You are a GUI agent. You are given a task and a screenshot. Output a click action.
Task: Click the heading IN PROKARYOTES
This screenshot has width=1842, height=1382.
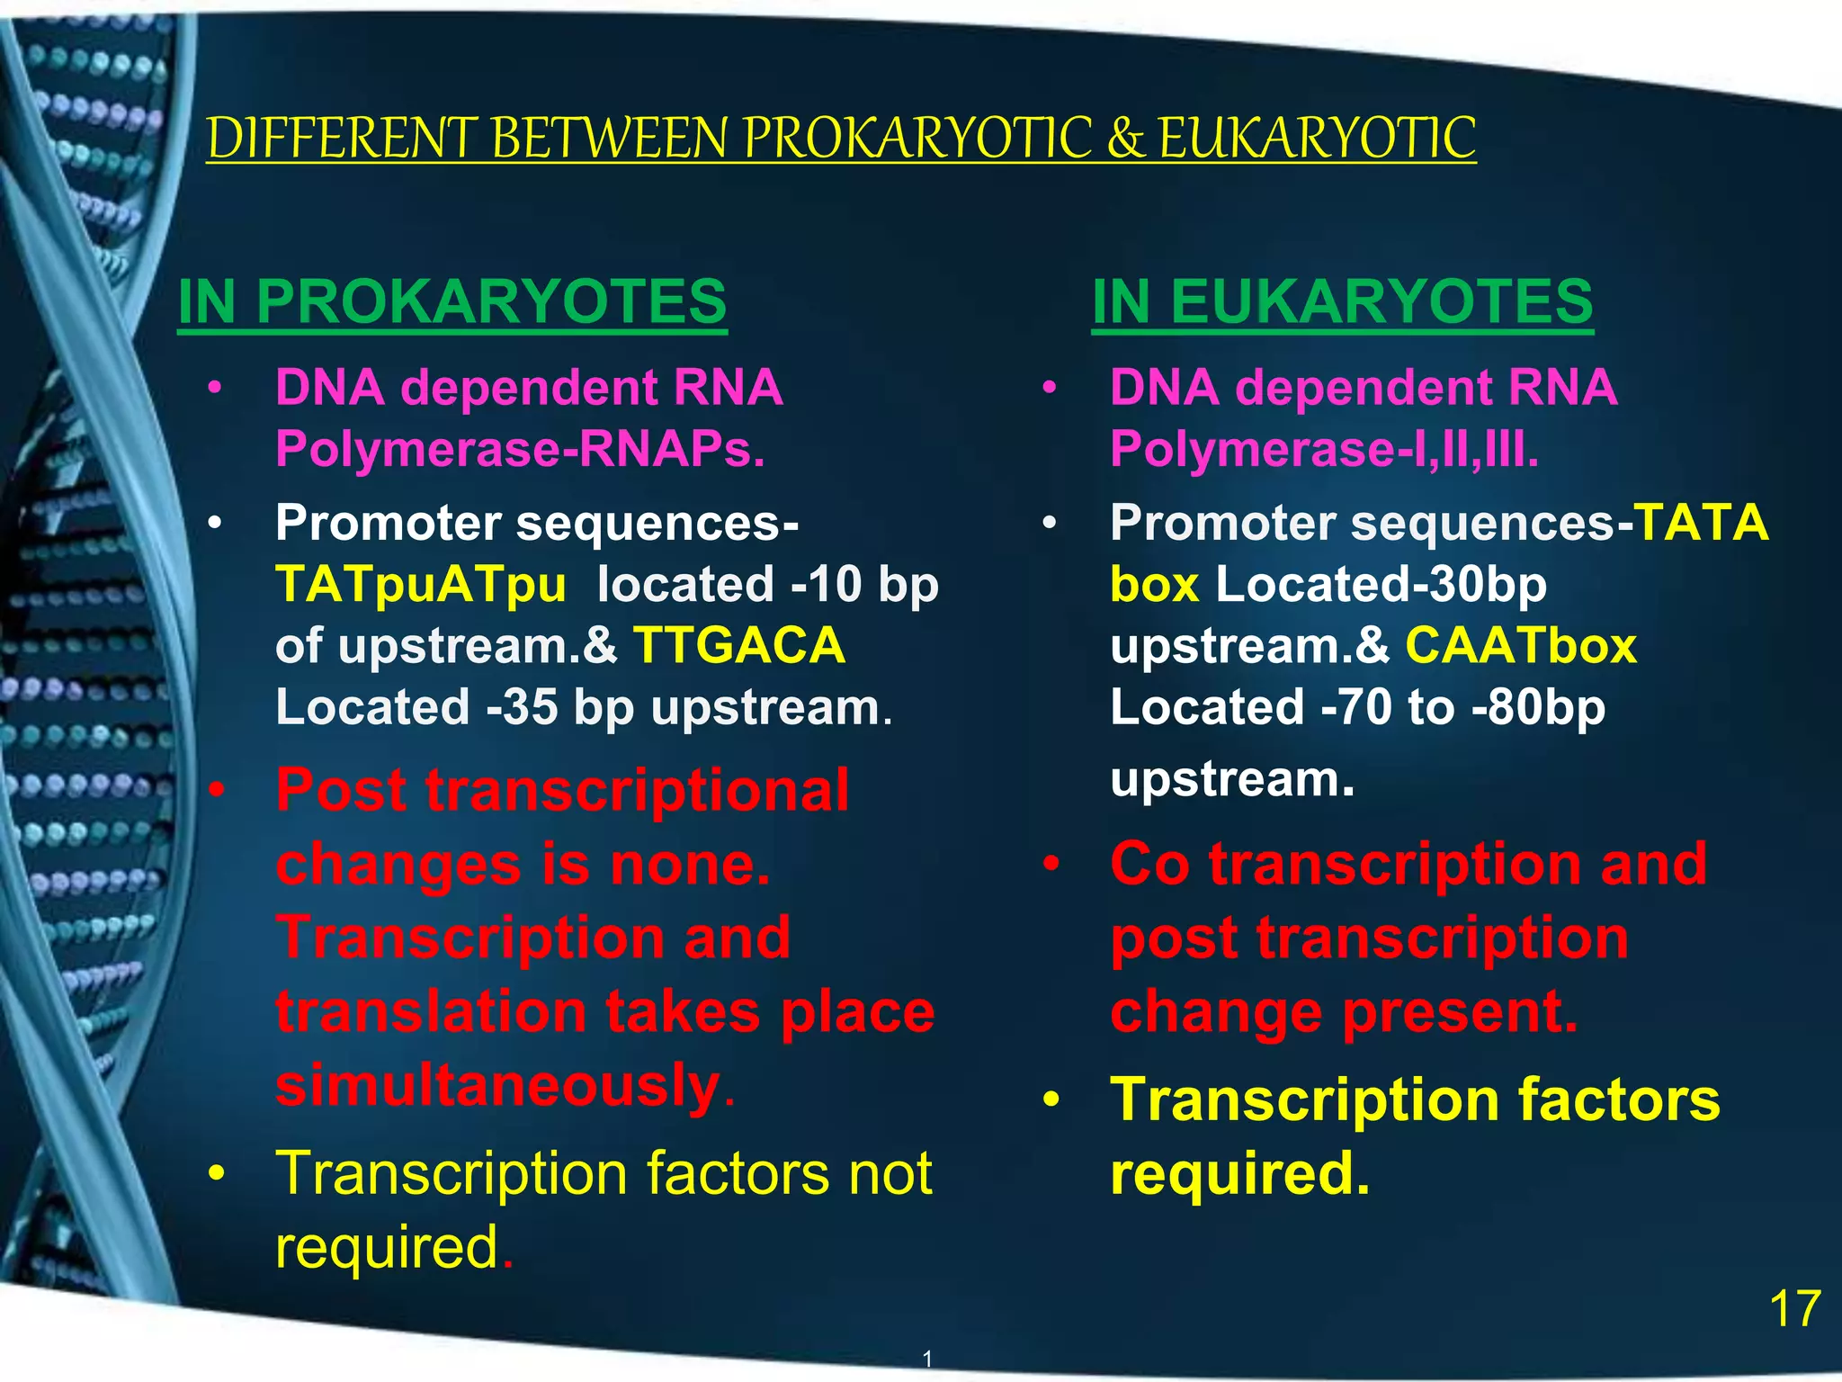pyautogui.click(x=452, y=301)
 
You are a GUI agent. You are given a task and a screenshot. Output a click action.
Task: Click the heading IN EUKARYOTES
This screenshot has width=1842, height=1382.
pyautogui.click(x=1342, y=301)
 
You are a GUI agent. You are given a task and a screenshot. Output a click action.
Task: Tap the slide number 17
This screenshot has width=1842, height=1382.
pyautogui.click(x=1794, y=1309)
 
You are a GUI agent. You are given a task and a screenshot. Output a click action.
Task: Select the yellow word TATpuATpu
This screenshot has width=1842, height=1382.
pyautogui.click(x=421, y=585)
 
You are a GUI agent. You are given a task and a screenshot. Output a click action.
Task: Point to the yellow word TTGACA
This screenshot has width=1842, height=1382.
pyautogui.click(x=738, y=646)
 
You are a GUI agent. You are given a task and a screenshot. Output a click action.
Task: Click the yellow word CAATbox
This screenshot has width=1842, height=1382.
pyautogui.click(x=1521, y=646)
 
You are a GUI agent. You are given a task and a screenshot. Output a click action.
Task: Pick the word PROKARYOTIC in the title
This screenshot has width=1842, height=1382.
pyautogui.click(x=917, y=139)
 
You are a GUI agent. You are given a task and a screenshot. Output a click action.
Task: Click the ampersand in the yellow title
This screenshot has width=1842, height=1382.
pyautogui.click(x=1125, y=139)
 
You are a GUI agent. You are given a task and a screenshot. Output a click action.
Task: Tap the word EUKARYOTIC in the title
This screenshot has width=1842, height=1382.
pyautogui.click(x=1317, y=139)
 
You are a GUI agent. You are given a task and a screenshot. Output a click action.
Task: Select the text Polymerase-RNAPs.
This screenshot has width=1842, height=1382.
pyautogui.click(x=520, y=448)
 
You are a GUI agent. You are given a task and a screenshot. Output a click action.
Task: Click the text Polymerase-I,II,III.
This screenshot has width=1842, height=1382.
pyautogui.click(x=1324, y=448)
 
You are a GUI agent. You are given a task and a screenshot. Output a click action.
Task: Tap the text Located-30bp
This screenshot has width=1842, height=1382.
pyautogui.click(x=1381, y=585)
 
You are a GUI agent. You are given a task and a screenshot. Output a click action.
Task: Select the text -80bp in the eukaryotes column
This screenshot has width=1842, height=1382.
pyautogui.click(x=1538, y=707)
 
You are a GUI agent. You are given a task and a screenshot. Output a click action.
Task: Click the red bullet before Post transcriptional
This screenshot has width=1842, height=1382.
pyautogui.click(x=216, y=791)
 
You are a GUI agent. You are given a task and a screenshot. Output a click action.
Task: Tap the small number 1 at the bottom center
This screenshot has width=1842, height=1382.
pyautogui.click(x=927, y=1359)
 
